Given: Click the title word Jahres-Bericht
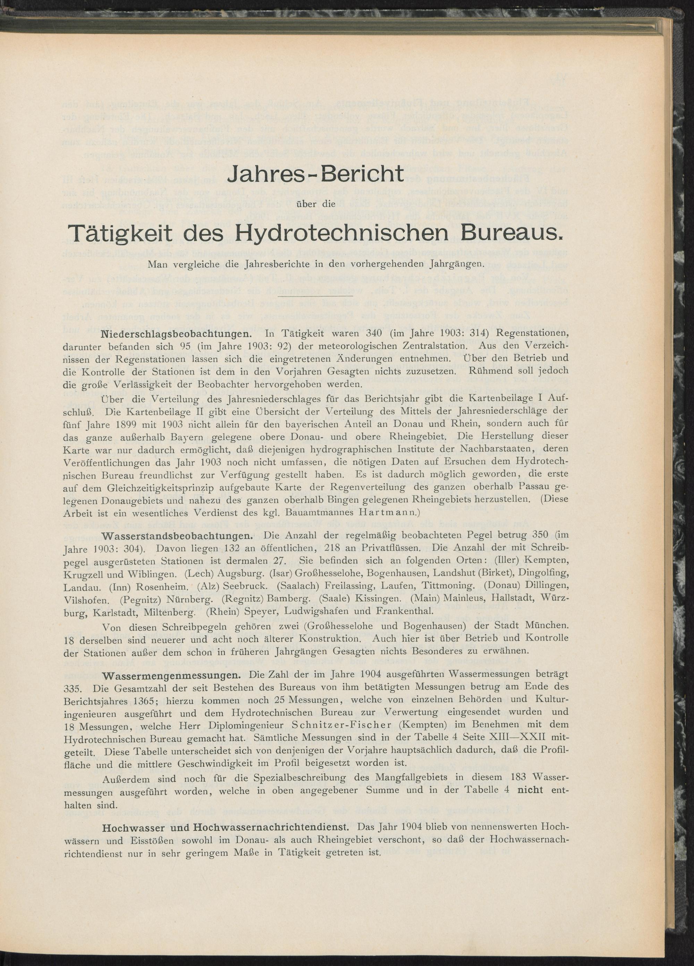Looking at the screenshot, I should pos(316,174).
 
